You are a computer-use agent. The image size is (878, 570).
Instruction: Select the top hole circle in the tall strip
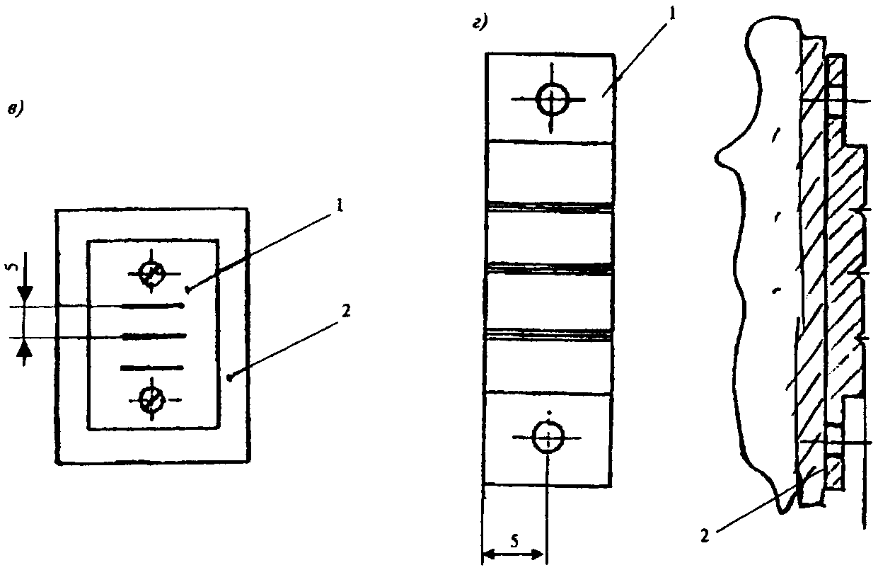[553, 100]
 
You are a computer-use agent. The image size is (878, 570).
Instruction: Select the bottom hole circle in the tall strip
[548, 437]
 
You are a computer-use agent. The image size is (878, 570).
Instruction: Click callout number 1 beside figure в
[340, 205]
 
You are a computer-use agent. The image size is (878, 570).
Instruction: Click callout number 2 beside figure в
[345, 311]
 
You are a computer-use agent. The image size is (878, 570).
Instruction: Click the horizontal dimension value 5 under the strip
[514, 541]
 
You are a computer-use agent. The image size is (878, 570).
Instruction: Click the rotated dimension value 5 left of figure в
[13, 268]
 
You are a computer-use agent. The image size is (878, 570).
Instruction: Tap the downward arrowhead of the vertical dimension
[25, 296]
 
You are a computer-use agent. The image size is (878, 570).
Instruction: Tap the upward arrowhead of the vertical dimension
[24, 348]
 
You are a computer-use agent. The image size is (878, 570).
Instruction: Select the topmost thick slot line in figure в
[154, 306]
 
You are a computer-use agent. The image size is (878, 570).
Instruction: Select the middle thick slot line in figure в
[154, 336]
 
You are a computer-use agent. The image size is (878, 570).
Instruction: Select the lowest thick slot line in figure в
[151, 367]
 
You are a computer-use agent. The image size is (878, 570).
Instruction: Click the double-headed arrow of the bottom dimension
[514, 554]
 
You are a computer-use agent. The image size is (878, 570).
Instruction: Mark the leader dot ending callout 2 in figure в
[230, 378]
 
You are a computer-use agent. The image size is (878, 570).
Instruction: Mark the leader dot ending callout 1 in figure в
[188, 290]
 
